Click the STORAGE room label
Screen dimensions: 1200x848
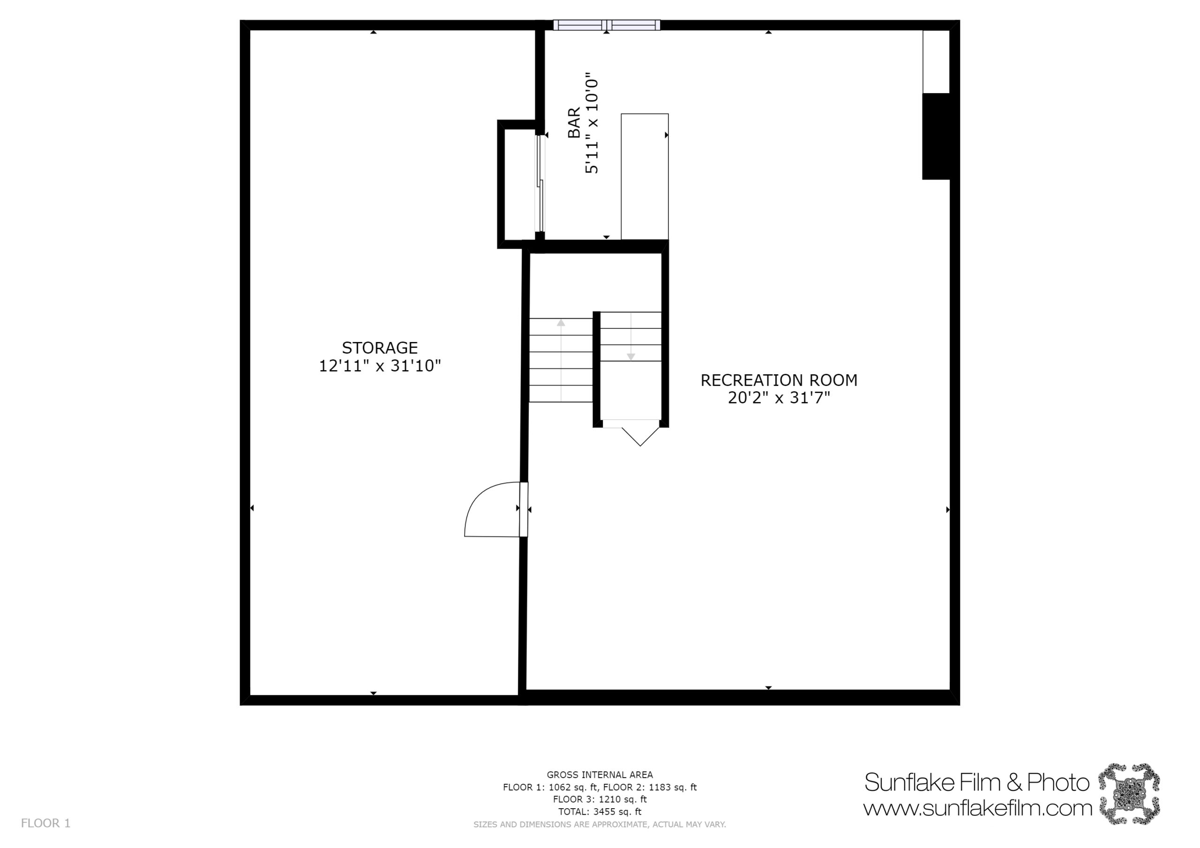380,348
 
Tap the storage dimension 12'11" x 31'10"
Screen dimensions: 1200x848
380,366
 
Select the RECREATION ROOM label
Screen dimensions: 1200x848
779,380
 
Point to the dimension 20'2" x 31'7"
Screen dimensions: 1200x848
779,398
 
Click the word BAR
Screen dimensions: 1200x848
574,123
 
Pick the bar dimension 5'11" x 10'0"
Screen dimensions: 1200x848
592,123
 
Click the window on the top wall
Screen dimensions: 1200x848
606,25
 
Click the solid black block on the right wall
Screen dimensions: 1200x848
936,136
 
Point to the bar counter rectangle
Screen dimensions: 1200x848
645,177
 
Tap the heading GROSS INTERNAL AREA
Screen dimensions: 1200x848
600,775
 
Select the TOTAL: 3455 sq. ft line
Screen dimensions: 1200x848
600,811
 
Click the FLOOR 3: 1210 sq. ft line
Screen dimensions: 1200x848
600,799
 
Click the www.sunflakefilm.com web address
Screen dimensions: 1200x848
977,808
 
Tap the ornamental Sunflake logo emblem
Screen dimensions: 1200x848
1129,794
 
